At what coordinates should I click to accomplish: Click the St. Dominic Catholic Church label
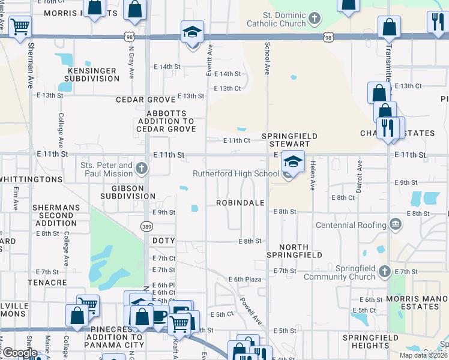click(276, 19)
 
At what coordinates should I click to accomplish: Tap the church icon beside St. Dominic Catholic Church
click(313, 19)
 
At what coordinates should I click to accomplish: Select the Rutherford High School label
click(236, 174)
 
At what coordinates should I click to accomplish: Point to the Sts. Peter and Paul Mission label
click(107, 169)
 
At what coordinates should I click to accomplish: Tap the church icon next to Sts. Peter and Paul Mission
click(141, 168)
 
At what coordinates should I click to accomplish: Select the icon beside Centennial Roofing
click(395, 225)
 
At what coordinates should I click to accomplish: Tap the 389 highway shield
click(146, 226)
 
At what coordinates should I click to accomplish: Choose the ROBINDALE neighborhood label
click(241, 203)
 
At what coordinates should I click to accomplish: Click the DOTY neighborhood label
click(163, 241)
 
